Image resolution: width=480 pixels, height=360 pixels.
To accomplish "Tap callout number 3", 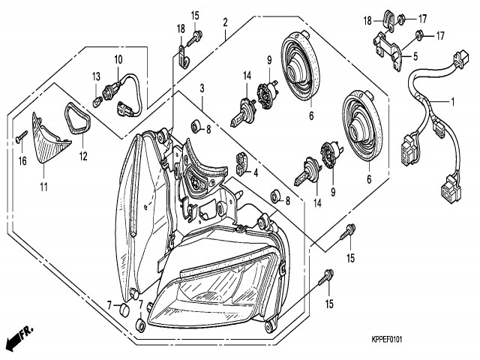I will (202, 88).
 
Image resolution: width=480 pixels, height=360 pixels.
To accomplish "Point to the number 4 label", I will (256, 172).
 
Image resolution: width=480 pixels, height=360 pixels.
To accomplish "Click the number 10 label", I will (118, 59).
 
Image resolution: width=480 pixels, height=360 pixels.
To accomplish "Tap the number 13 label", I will (95, 76).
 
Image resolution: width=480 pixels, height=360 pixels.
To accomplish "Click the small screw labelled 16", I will (20, 136).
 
